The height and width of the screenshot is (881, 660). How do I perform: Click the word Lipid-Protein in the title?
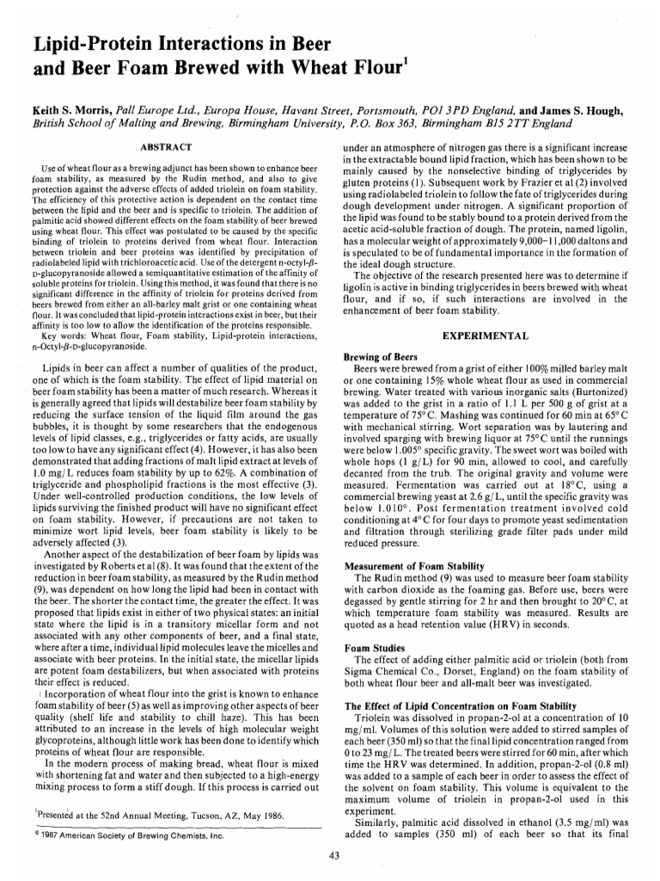[75, 42]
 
